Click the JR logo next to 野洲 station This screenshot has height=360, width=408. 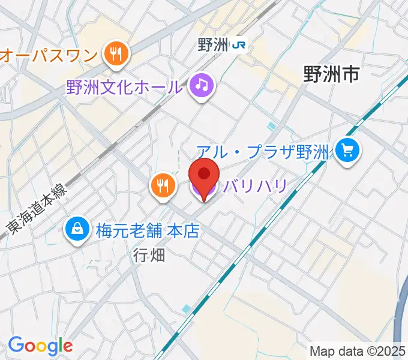[x=240, y=45]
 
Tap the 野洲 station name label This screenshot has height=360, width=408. [x=214, y=45]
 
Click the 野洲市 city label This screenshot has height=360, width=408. [x=331, y=74]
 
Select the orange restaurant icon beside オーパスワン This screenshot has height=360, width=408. [x=116, y=55]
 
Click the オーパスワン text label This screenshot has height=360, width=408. [x=49, y=56]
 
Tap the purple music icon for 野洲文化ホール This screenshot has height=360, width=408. [x=202, y=86]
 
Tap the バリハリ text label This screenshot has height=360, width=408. [x=254, y=186]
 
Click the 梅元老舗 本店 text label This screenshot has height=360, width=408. [x=147, y=230]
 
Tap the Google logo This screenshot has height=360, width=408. [x=40, y=346]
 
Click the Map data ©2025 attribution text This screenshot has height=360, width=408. [x=358, y=350]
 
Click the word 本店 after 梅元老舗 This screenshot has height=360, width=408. [x=182, y=230]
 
